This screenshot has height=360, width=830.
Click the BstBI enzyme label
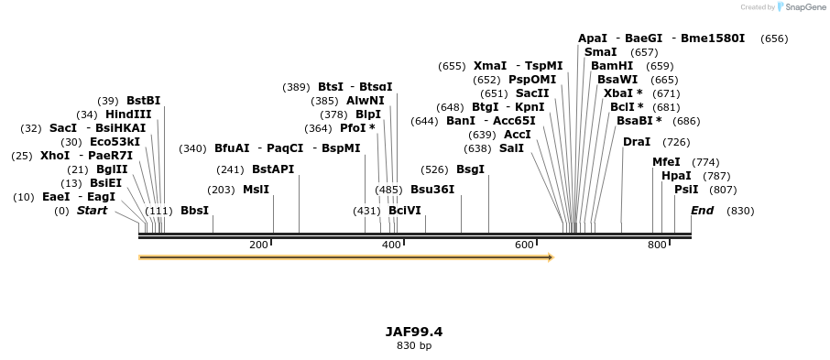click(143, 101)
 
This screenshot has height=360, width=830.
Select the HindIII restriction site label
click(128, 115)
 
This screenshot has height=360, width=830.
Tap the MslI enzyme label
click(256, 190)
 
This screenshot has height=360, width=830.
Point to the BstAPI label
click(273, 169)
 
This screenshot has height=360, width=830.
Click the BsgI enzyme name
click(470, 169)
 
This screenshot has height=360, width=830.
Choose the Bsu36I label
click(431, 190)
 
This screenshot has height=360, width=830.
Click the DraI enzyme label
click(637, 142)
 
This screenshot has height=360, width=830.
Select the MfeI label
click(666, 162)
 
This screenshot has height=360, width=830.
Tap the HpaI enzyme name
click(676, 176)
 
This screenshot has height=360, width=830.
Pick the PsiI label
click(686, 190)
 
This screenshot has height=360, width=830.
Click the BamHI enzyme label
click(612, 66)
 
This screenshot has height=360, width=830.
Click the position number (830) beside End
click(740, 211)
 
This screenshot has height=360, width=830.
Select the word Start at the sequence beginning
click(92, 211)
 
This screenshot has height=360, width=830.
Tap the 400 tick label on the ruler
click(392, 245)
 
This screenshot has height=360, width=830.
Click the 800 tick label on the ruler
click(657, 245)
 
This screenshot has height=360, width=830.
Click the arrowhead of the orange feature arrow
click(551, 257)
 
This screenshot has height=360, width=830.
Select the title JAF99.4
click(414, 332)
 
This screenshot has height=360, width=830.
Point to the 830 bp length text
click(414, 346)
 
